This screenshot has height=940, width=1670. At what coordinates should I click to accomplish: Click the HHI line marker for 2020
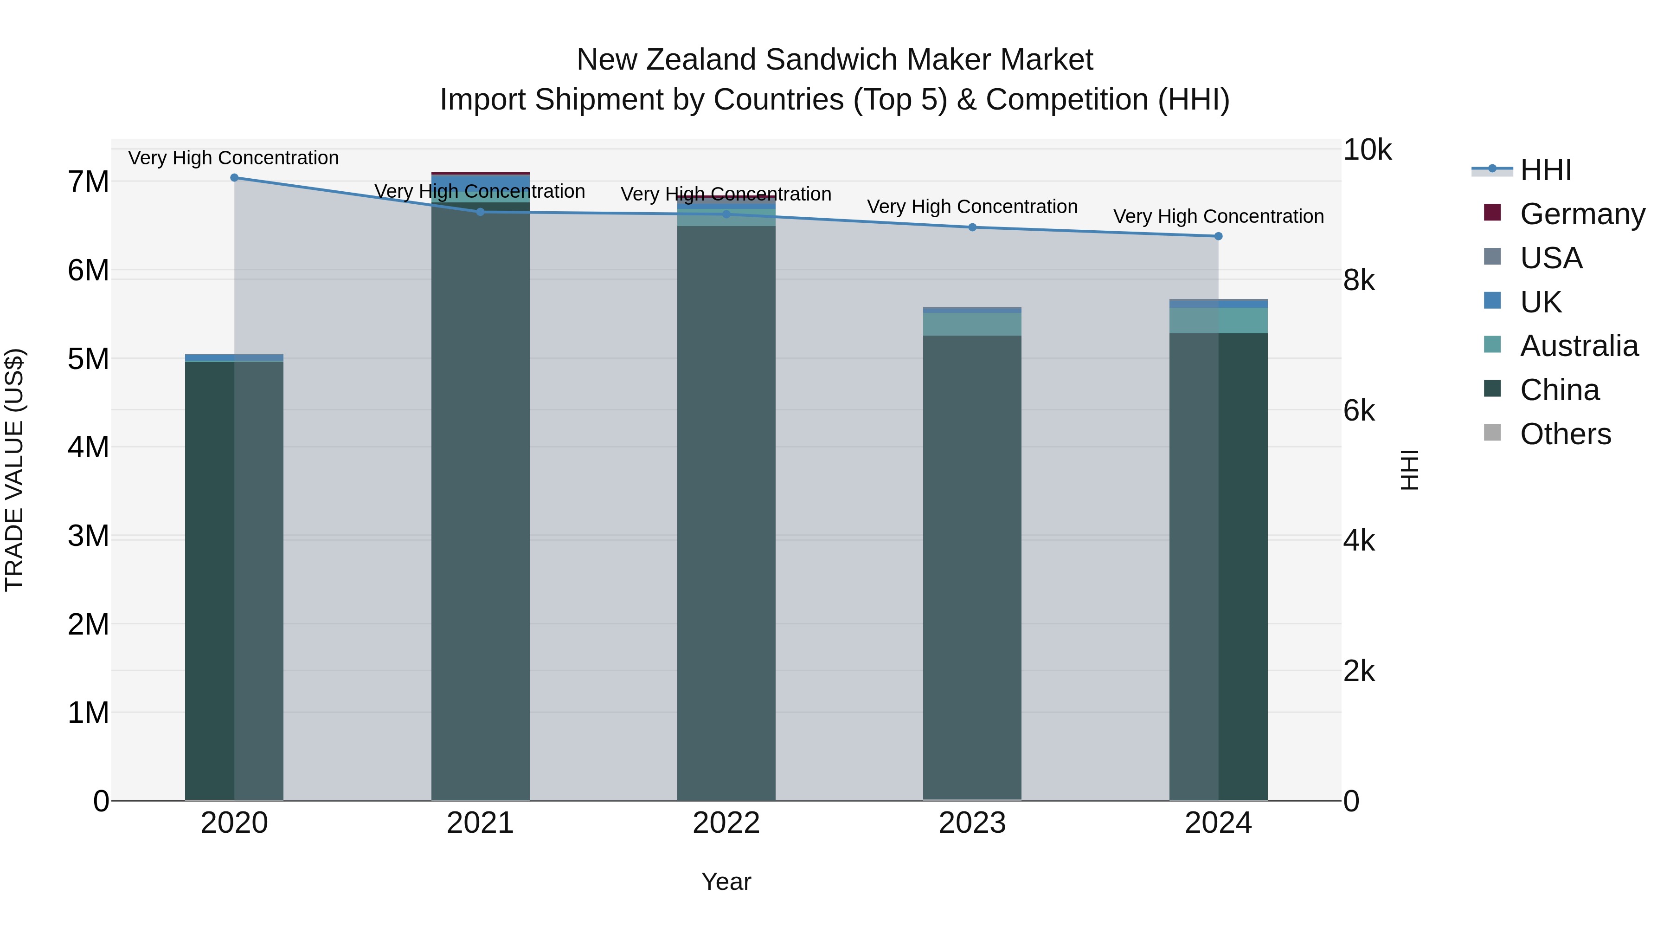pos(235,178)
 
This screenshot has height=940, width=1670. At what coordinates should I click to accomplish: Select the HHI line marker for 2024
pos(1218,237)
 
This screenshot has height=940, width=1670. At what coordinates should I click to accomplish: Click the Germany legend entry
pos(1582,214)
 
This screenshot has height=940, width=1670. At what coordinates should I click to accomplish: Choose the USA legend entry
pos(1551,258)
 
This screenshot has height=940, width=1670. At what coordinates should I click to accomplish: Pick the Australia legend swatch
pos(1492,345)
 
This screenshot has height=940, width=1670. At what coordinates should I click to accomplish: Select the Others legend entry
pos(1565,434)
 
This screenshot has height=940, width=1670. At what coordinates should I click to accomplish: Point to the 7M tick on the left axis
pos(89,182)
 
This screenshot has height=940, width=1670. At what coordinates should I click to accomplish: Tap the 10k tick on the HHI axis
pos(1367,150)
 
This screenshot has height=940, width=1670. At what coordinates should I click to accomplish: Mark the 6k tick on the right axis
pos(1359,411)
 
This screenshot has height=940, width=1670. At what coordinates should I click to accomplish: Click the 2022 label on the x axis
pos(726,823)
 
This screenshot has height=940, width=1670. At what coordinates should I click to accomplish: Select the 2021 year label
pos(481,823)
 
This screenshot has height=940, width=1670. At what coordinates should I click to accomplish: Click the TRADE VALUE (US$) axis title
pos(14,470)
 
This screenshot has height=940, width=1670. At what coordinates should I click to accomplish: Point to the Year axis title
pos(726,882)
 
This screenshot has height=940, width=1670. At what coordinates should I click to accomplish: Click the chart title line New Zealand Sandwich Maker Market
pos(835,60)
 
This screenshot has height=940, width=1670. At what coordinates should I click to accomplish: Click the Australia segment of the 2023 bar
pos(972,324)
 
